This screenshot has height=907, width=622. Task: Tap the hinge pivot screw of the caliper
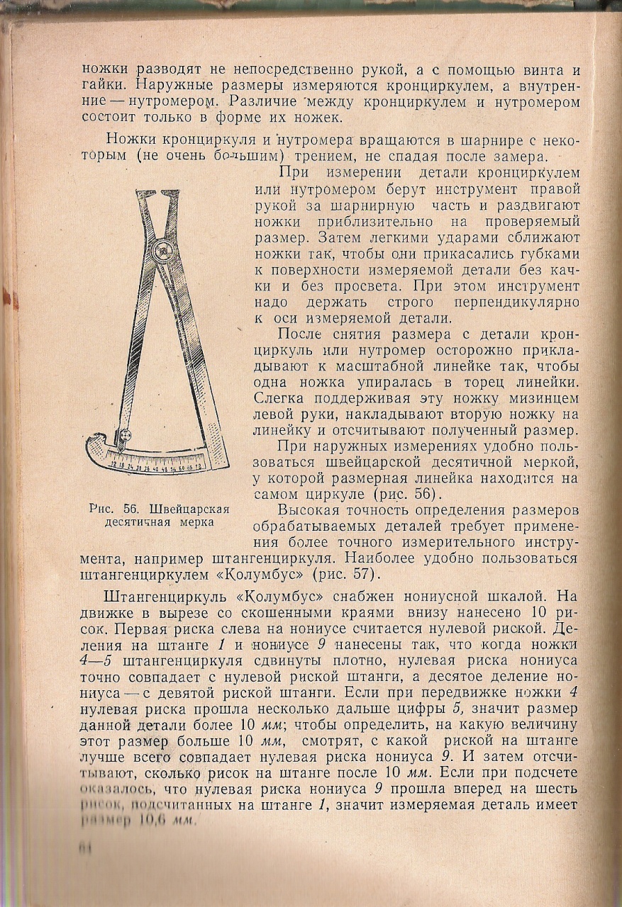tap(165, 251)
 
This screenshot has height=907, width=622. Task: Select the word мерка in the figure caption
tap(199, 523)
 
